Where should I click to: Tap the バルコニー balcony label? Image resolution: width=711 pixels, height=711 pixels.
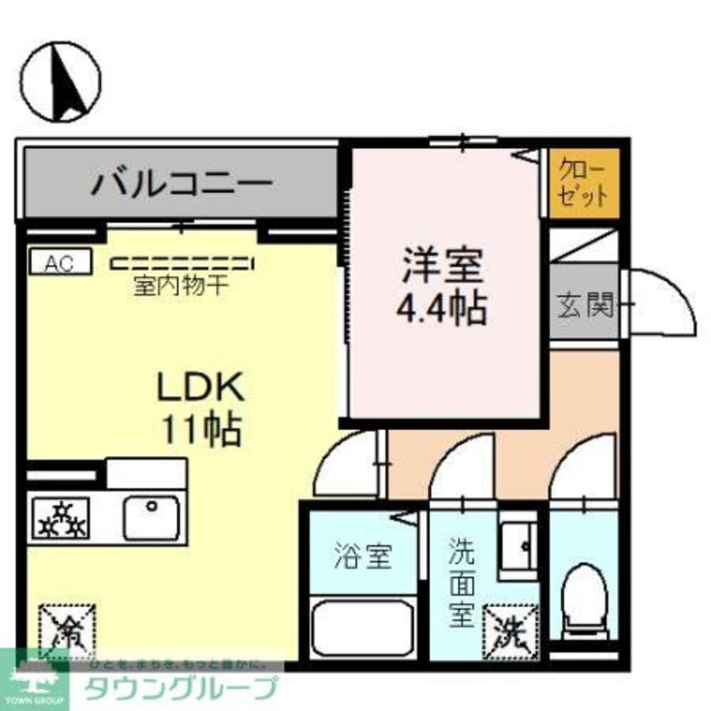click(x=182, y=183)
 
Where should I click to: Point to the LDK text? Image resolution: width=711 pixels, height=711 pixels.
click(x=201, y=390)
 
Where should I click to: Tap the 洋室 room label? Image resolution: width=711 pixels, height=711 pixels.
click(x=442, y=269)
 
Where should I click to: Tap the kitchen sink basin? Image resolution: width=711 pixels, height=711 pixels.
click(x=151, y=518)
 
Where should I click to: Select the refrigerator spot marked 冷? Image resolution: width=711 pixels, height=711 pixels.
click(x=67, y=629)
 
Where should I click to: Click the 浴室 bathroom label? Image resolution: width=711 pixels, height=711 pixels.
click(x=363, y=557)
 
